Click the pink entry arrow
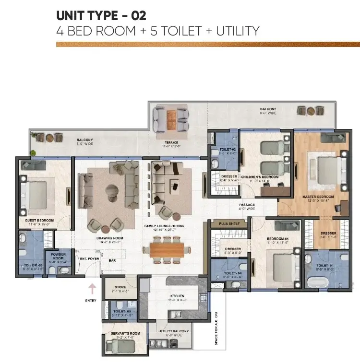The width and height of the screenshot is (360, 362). point(92,288)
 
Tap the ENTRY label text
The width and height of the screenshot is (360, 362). point(91,301)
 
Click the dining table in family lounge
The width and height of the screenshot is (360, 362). point(166,249)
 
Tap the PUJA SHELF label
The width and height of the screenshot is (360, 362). point(229,223)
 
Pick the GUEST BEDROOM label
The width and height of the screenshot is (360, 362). point(39,221)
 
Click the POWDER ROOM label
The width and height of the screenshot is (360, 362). point(55,257)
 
